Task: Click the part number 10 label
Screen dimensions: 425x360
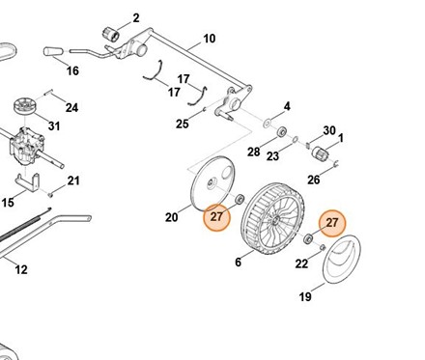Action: [209, 39]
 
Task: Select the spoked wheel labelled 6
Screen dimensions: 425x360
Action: [272, 219]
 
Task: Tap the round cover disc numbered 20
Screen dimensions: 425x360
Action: [212, 183]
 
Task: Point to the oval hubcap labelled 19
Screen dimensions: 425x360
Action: [342, 260]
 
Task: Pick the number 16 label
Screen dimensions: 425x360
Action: [72, 70]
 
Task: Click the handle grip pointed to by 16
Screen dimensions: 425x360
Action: [53, 51]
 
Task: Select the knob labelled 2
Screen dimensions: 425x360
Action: [111, 34]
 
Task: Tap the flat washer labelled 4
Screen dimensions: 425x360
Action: [267, 124]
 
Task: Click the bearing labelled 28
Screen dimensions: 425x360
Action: [282, 131]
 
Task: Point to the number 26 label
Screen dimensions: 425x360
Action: [314, 180]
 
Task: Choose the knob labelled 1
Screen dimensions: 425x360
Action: [320, 152]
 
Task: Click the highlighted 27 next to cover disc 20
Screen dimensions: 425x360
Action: [216, 217]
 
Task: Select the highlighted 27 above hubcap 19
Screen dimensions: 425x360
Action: [332, 223]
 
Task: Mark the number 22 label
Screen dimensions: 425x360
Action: [301, 263]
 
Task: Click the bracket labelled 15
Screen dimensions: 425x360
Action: [28, 184]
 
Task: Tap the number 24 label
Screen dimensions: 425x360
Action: [71, 107]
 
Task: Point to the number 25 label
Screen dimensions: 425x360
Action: [183, 124]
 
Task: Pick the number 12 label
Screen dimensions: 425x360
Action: [21, 269]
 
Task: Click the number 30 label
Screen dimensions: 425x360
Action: [329, 130]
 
